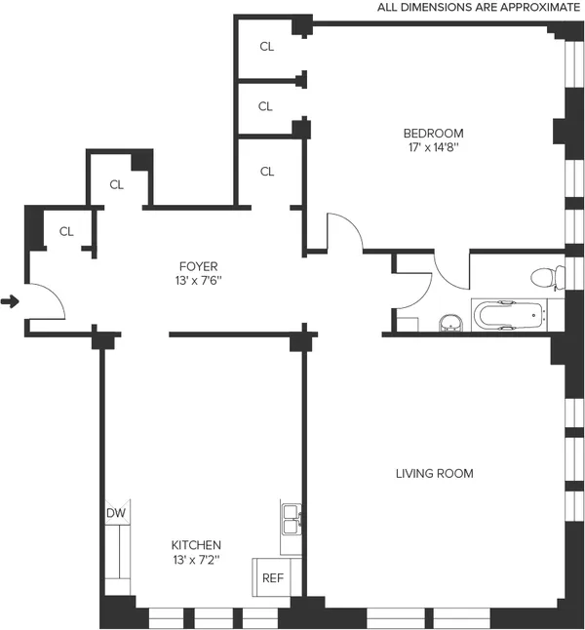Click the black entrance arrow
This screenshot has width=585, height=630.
pyautogui.click(x=11, y=302)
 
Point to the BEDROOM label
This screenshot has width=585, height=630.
pyautogui.click(x=434, y=134)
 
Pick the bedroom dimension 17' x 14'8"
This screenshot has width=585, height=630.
pyautogui.click(x=434, y=149)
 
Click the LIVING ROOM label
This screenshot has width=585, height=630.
pyautogui.click(x=434, y=474)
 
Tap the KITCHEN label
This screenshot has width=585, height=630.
pyautogui.click(x=197, y=545)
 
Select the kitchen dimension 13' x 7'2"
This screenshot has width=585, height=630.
pyautogui.click(x=197, y=561)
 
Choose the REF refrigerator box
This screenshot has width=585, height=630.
pyautogui.click(x=272, y=577)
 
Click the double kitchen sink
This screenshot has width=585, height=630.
pyautogui.click(x=291, y=520)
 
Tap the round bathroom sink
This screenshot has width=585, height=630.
pyautogui.click(x=451, y=322)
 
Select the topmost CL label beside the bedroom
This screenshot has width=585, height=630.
pyautogui.click(x=266, y=46)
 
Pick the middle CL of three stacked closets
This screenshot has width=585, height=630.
pyautogui.click(x=266, y=106)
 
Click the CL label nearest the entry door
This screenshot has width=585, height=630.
pyautogui.click(x=66, y=231)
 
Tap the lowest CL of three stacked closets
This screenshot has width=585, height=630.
pyautogui.click(x=267, y=172)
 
